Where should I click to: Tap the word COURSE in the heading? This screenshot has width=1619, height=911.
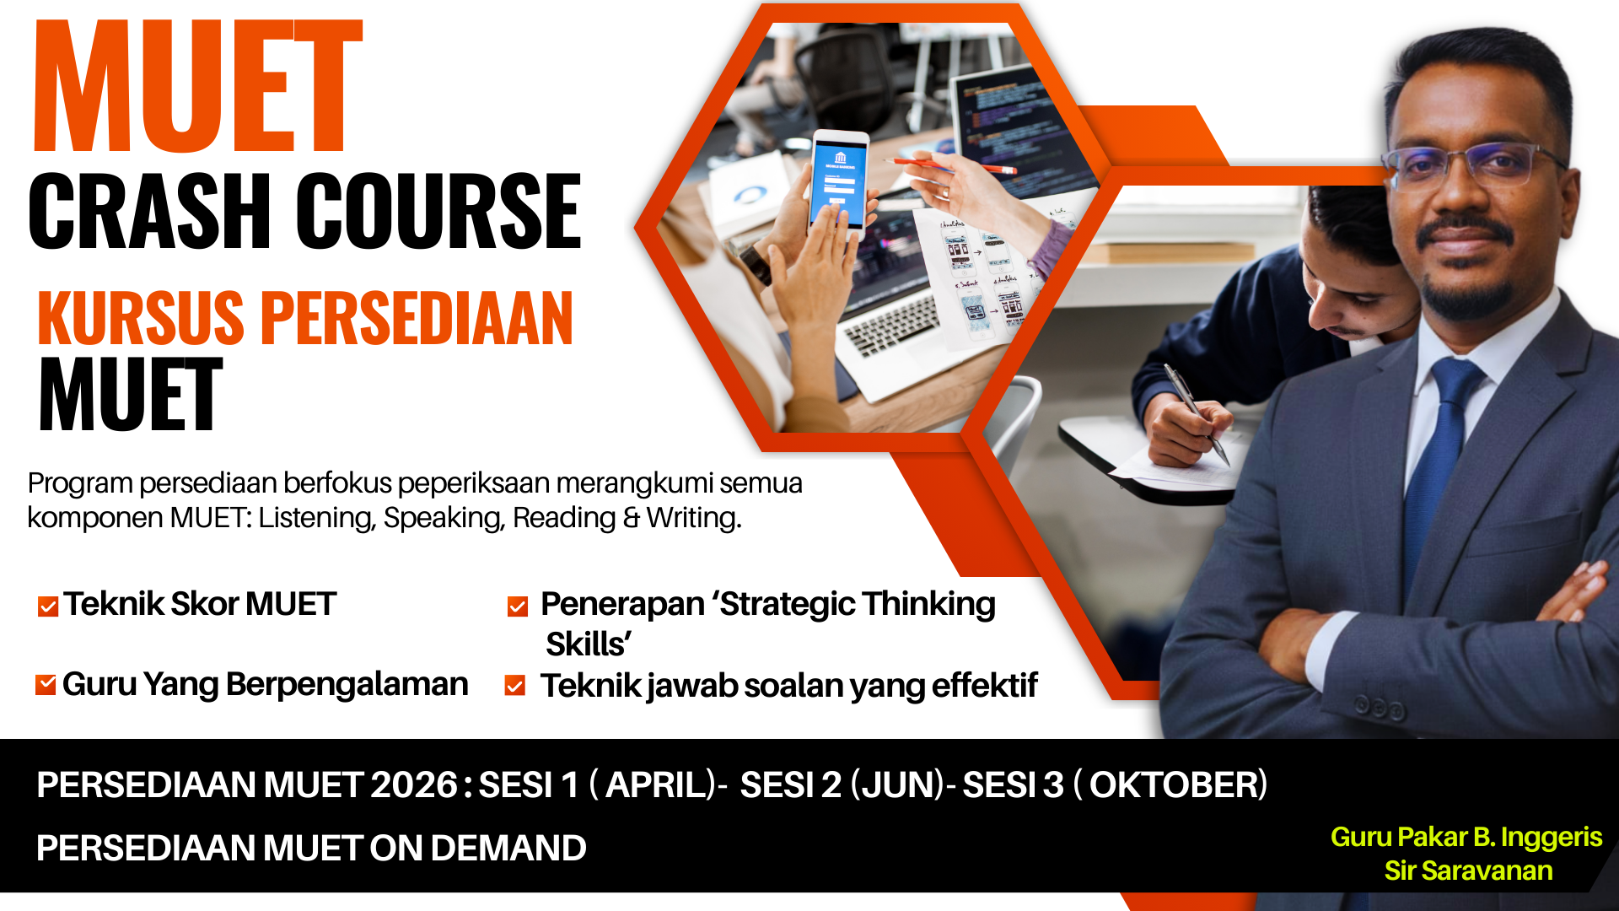438,211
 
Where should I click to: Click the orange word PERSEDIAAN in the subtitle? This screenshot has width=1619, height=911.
417,318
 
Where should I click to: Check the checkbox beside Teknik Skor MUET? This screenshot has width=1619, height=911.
48,606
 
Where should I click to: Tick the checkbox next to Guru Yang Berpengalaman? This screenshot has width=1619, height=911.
46,685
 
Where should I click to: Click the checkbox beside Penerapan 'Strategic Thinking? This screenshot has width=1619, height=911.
518,606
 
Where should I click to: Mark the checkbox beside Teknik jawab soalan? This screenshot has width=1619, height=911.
515,686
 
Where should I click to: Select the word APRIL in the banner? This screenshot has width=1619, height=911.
660,785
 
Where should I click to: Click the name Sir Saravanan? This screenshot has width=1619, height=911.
1468,871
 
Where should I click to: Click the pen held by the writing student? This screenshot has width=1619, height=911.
1196,413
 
